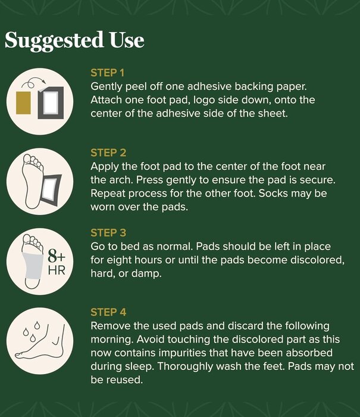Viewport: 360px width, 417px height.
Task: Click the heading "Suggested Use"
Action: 74,41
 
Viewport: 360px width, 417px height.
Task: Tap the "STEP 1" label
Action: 107,73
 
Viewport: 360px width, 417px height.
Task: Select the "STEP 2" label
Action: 108,153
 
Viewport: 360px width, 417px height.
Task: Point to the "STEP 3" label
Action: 108,233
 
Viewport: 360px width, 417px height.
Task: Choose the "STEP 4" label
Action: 108,312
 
